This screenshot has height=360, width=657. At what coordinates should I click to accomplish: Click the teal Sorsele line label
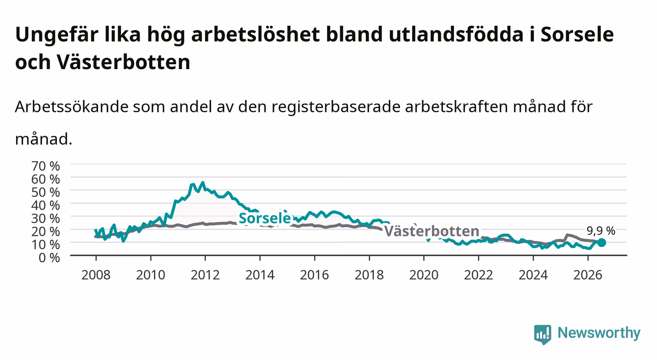[265, 218]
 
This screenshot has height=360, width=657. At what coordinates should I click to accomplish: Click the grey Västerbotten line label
[431, 231]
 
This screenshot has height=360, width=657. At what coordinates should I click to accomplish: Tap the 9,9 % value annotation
[601, 231]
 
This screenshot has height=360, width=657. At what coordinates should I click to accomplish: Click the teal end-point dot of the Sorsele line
[602, 243]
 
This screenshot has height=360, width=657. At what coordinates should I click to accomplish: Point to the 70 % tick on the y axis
[46, 166]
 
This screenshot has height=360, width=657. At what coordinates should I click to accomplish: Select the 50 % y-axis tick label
[46, 192]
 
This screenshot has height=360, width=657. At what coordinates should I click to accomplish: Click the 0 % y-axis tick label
[49, 257]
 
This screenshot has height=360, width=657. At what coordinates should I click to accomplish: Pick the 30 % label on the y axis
[46, 218]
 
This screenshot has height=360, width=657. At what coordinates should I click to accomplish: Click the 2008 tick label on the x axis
[96, 275]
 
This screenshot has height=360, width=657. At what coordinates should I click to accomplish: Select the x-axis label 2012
[205, 275]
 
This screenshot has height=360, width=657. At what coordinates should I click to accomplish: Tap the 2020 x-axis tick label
[424, 275]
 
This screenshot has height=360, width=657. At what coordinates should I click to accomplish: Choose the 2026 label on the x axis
[588, 275]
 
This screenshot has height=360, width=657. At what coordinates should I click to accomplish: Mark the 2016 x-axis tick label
[314, 275]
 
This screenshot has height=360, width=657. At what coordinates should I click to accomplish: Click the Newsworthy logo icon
[543, 334]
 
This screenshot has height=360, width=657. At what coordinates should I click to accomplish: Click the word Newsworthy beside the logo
[599, 333]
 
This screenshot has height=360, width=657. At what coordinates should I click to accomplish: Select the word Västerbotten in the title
[124, 62]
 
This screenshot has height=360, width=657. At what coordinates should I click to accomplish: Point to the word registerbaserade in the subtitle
[336, 107]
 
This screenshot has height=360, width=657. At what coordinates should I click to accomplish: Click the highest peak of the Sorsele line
[202, 182]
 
